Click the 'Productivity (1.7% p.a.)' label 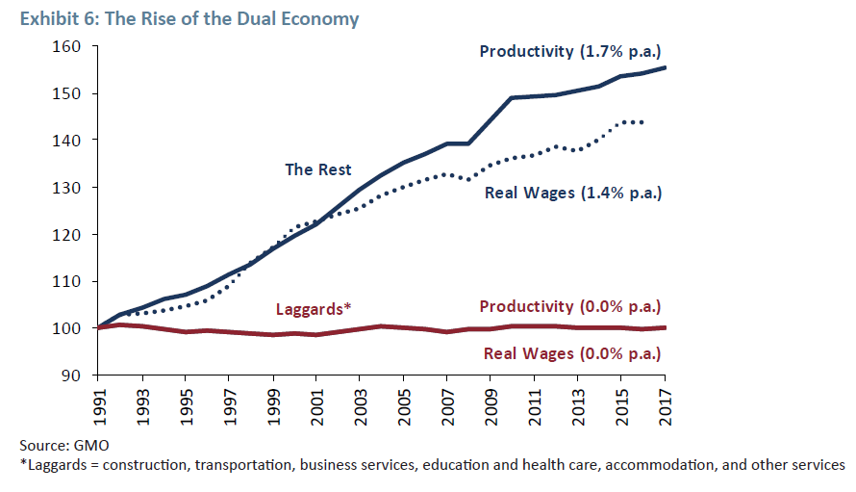pos(571,50)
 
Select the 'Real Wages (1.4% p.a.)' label pos(573,193)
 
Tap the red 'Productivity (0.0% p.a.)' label pos(571,307)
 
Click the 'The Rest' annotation pos(317,169)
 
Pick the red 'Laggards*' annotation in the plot pos(314,308)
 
